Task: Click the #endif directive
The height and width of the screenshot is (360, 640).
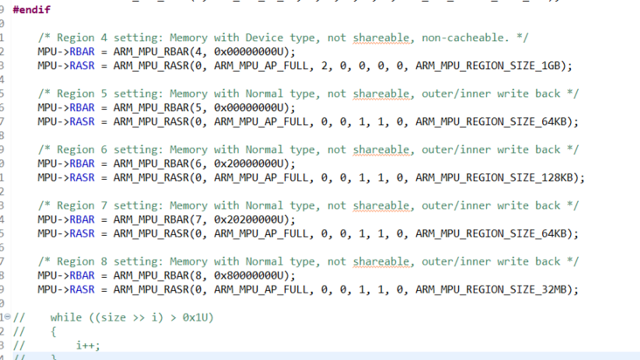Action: [x=31, y=10]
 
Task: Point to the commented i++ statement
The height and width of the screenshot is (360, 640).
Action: [x=87, y=345]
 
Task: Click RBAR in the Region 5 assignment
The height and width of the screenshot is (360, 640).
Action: [x=81, y=107]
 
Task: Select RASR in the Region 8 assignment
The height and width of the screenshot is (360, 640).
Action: [x=81, y=289]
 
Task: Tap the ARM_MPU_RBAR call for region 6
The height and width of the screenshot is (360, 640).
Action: [x=150, y=163]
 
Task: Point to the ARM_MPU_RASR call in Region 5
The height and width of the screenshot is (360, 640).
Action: [x=150, y=121]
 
